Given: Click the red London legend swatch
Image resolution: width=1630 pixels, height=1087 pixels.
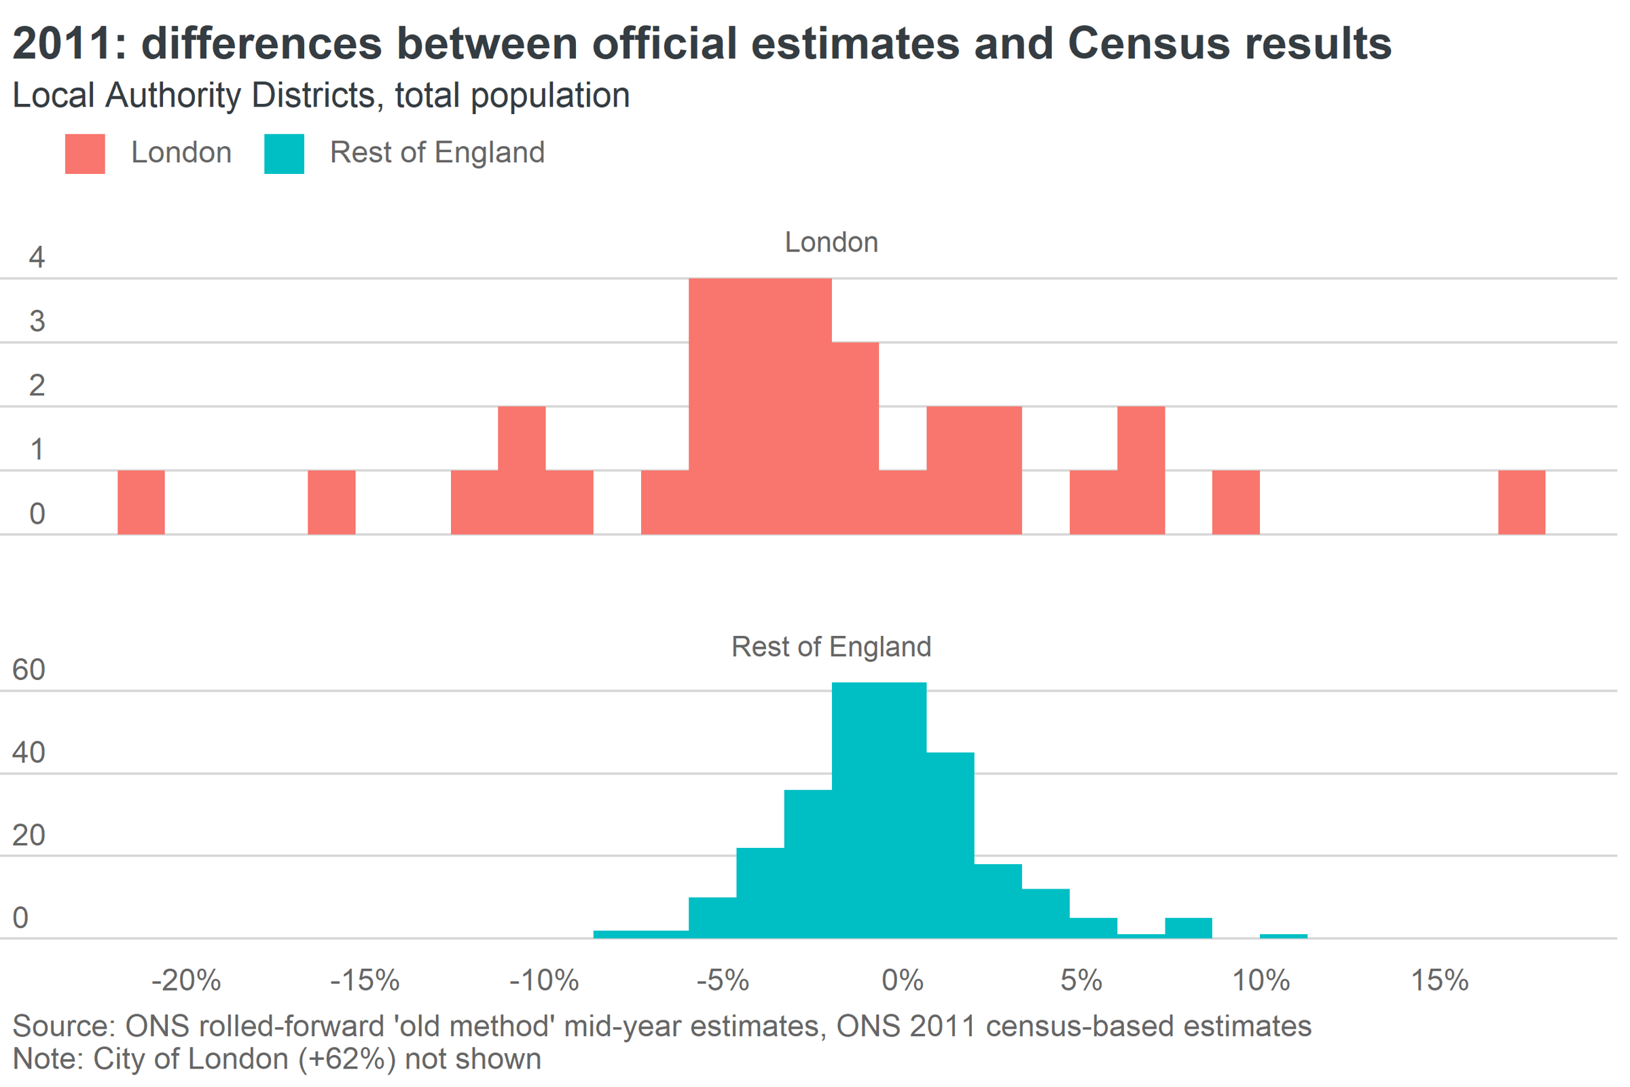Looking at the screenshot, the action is point(86,154).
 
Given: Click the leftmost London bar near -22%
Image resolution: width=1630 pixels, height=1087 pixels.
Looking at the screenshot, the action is point(141,503).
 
